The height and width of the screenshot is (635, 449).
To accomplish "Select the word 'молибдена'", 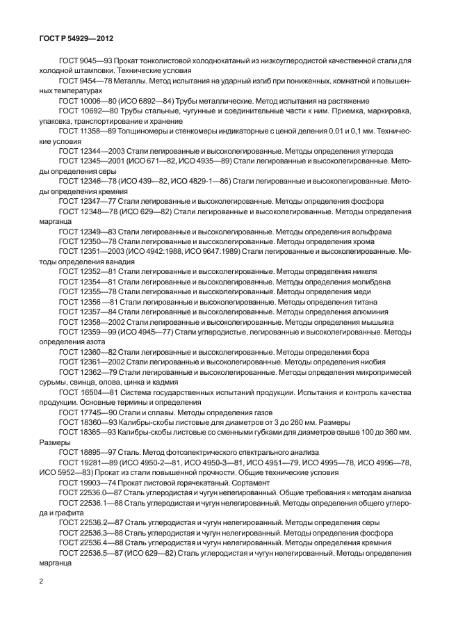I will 368,281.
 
